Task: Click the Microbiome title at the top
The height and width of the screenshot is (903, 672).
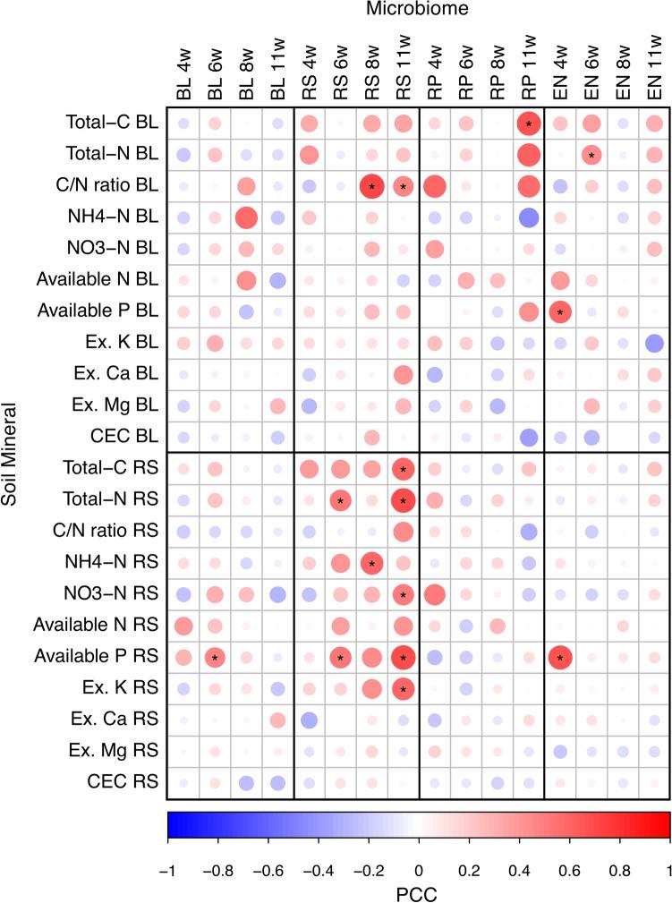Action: click(418, 10)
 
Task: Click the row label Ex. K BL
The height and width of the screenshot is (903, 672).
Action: click(126, 343)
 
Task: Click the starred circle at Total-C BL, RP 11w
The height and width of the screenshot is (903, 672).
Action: click(528, 124)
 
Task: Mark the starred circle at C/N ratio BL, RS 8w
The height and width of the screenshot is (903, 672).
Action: click(371, 186)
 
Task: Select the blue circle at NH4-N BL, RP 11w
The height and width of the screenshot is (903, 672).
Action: click(528, 217)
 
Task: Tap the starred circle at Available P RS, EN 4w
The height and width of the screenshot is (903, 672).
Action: click(559, 658)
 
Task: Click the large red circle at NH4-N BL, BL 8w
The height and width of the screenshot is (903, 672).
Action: click(246, 217)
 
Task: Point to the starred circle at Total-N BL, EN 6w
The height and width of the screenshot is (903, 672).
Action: click(591, 155)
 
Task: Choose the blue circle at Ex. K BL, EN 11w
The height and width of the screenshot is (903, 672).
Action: click(653, 343)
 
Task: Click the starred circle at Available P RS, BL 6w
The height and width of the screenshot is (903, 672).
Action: click(215, 658)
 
